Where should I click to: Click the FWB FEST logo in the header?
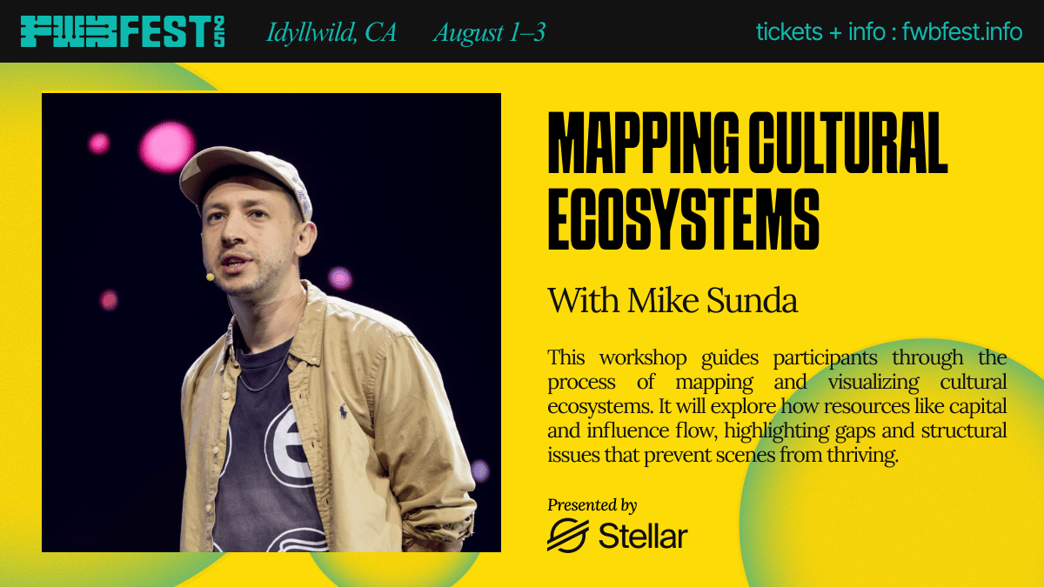123,31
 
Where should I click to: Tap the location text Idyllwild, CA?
331,33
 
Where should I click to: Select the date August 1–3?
489,33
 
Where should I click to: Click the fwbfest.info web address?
962,31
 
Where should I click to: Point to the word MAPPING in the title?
643,143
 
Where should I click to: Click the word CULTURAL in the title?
848,143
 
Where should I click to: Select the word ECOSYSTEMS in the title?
683,219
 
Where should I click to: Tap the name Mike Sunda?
713,301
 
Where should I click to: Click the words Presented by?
592,505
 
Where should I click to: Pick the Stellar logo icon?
567,536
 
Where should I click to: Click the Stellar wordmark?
643,536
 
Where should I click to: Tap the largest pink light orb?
167,146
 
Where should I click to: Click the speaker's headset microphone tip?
211,277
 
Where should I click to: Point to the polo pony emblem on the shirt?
343,410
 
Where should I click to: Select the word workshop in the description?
643,357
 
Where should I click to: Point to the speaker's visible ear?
305,238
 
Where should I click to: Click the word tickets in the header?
789,31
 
